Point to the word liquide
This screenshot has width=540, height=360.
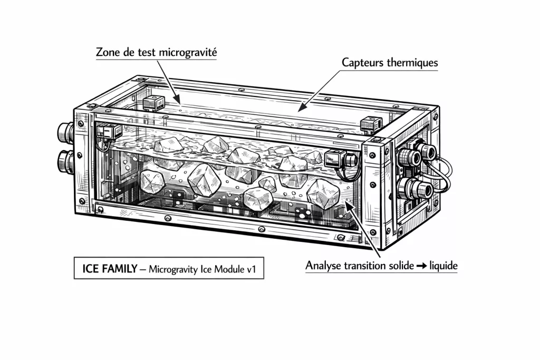pyautogui.click(x=442, y=266)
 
